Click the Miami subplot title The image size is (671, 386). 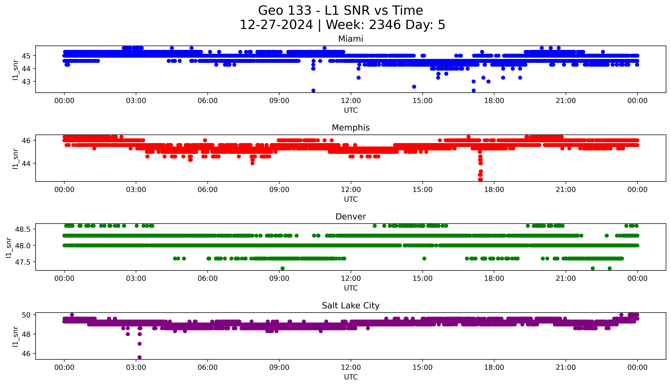point(350,39)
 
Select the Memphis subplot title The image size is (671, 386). point(350,128)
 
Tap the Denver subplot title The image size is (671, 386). point(350,217)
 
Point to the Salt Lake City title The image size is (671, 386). point(350,306)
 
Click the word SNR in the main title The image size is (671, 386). point(357,11)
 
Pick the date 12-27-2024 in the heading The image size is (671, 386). point(276,25)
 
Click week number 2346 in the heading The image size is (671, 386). point(385,25)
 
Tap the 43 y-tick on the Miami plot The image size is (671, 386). point(26,82)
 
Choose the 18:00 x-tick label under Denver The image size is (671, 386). point(494,279)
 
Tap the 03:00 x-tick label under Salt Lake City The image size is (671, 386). point(136,367)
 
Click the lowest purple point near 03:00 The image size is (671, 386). point(139,357)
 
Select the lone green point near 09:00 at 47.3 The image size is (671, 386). point(282,268)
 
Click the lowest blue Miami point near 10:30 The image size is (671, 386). point(313,90)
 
